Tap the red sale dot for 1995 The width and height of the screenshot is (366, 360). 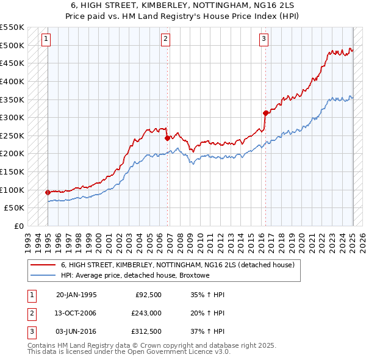point(48,192)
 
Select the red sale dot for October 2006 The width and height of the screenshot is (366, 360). point(167,138)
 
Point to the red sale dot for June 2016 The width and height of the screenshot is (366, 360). point(265,113)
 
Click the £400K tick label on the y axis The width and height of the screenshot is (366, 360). point(12,81)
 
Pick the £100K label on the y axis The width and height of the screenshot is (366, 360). point(12,190)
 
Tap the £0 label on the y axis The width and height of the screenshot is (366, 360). point(18,226)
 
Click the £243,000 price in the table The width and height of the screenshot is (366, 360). point(146,313)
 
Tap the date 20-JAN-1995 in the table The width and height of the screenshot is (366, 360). point(76,295)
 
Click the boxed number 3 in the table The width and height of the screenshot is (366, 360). point(31,331)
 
